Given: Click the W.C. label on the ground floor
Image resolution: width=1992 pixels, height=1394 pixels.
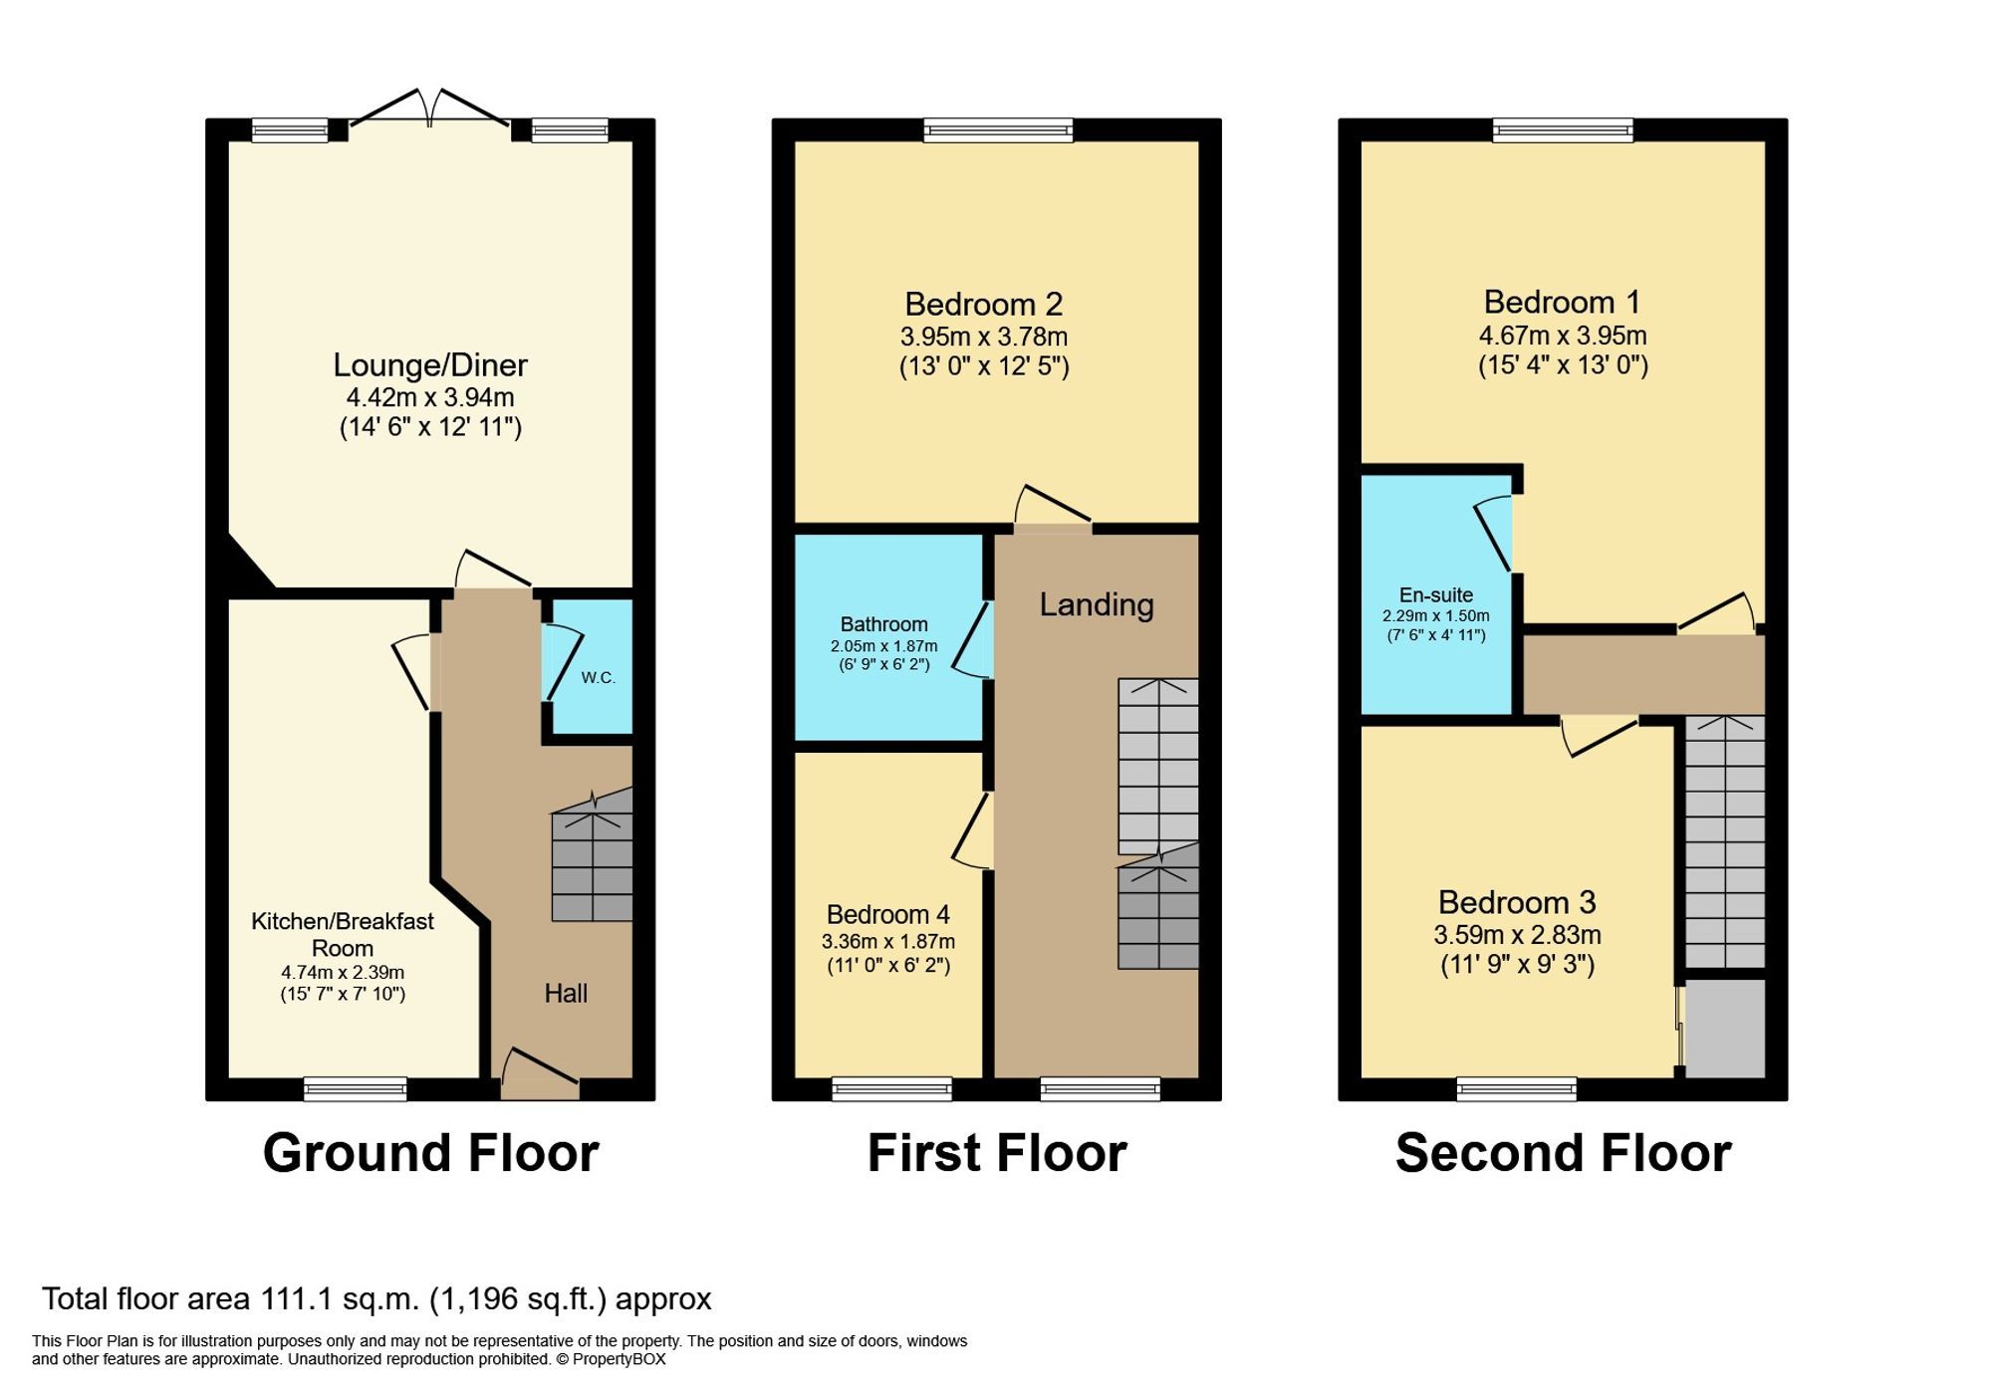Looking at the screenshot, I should click(x=598, y=678).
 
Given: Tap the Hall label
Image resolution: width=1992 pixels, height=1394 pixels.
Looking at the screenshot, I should click(x=566, y=993).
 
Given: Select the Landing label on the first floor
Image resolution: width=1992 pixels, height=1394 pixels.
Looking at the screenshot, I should click(x=1097, y=604).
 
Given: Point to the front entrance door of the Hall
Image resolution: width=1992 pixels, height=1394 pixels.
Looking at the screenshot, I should click(x=540, y=1075).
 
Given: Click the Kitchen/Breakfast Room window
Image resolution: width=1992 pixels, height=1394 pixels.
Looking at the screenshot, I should click(x=356, y=1088).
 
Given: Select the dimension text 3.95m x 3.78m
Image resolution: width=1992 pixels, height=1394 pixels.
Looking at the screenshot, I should click(x=984, y=337).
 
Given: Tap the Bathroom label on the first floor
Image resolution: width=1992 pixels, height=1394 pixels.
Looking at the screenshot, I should click(x=883, y=624).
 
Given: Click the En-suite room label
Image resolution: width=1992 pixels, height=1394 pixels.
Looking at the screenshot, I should click(x=1435, y=595).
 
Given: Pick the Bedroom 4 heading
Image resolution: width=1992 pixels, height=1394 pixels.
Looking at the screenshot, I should click(x=887, y=914).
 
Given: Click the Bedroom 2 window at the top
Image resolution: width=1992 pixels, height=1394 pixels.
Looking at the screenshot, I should click(x=998, y=129).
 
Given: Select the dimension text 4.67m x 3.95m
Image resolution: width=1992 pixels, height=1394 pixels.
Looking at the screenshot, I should click(x=1563, y=336).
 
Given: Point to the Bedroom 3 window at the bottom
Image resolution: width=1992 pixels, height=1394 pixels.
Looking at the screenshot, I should click(x=1516, y=1088).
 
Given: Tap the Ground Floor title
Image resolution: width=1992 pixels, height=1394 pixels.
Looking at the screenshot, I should click(x=430, y=1153).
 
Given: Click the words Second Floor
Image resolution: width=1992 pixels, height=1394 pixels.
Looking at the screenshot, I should click(x=1563, y=1153).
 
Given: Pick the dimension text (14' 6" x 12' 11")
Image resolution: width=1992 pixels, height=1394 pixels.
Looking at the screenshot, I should click(x=430, y=427).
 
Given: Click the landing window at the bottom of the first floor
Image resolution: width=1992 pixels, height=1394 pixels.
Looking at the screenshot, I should click(x=1100, y=1088).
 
